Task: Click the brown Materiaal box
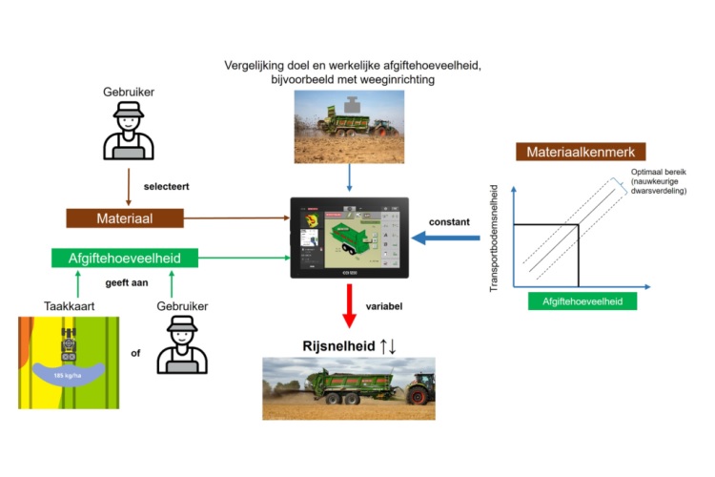[x=124, y=218]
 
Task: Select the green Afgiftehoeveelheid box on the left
[x=124, y=258]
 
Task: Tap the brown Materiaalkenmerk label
[x=582, y=152]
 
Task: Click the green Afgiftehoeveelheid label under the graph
[x=582, y=301]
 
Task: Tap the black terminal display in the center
[x=349, y=237]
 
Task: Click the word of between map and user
[x=136, y=353]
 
